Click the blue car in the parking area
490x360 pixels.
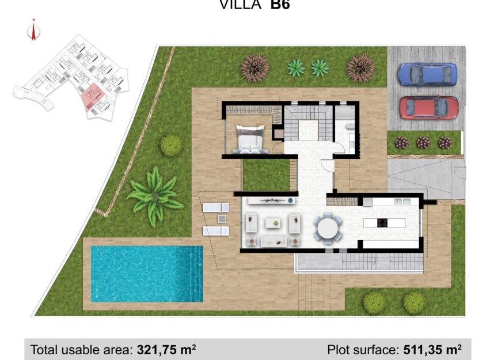tap(427, 74)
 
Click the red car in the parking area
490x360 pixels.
tap(429, 107)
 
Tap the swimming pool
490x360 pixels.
tap(146, 274)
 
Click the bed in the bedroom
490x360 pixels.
tap(250, 140)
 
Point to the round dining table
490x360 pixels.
tap(328, 228)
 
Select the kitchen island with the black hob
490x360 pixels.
tap(383, 222)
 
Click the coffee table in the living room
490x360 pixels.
tap(274, 222)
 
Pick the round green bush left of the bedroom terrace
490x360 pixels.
tap(171, 145)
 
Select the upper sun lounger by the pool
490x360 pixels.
tap(216, 207)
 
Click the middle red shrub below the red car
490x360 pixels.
tap(423, 142)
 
